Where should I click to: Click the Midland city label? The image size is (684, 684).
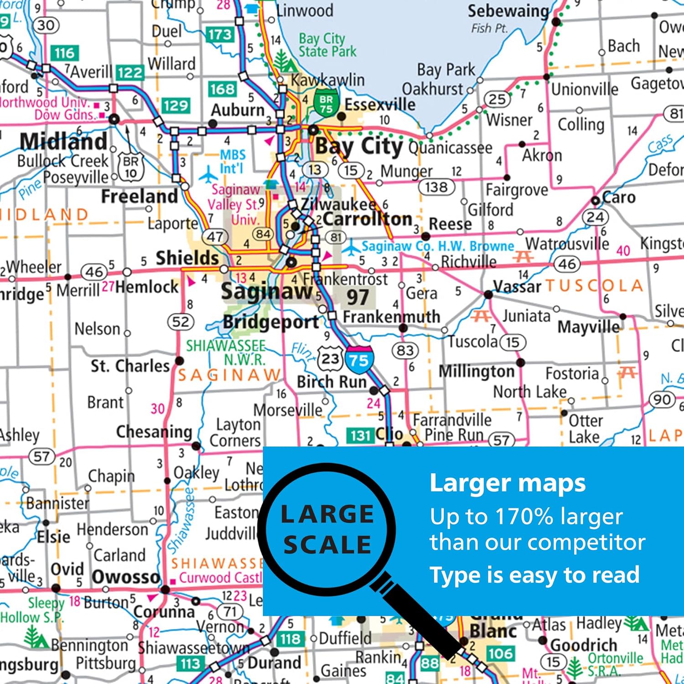click(x=63, y=141)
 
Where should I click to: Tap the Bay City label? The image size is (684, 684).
click(x=359, y=147)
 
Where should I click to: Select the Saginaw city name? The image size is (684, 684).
click(x=266, y=291)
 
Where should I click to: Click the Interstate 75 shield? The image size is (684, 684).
click(x=359, y=359)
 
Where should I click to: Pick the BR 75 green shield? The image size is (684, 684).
click(x=326, y=104)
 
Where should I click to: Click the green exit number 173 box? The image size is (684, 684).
click(x=220, y=35)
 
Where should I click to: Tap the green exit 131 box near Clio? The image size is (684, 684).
click(x=360, y=435)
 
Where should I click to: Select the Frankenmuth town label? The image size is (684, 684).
click(x=391, y=316)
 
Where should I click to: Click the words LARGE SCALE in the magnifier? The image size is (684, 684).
click(x=327, y=529)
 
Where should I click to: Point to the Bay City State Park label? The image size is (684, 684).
click(x=327, y=45)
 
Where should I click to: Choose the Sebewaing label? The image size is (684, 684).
click(x=508, y=11)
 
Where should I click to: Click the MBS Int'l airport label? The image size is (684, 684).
click(x=233, y=161)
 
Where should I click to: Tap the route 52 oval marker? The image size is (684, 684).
click(x=181, y=322)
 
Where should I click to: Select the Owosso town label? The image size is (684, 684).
click(x=125, y=577)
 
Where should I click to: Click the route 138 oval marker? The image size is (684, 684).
click(x=436, y=187)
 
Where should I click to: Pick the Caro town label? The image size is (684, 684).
click(x=619, y=197)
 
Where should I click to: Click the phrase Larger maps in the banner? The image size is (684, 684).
click(x=507, y=483)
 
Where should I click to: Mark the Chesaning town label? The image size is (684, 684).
click(x=154, y=431)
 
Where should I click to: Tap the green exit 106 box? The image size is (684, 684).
click(x=501, y=653)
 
